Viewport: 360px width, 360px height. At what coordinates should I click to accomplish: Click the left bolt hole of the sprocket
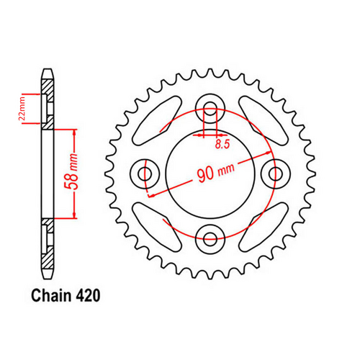tap(147, 173)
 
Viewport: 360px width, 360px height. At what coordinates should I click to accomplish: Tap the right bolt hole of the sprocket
tap(274, 173)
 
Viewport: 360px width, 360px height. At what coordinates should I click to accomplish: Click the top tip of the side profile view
tap(48, 70)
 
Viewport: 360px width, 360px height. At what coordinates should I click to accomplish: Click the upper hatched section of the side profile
tap(48, 101)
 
